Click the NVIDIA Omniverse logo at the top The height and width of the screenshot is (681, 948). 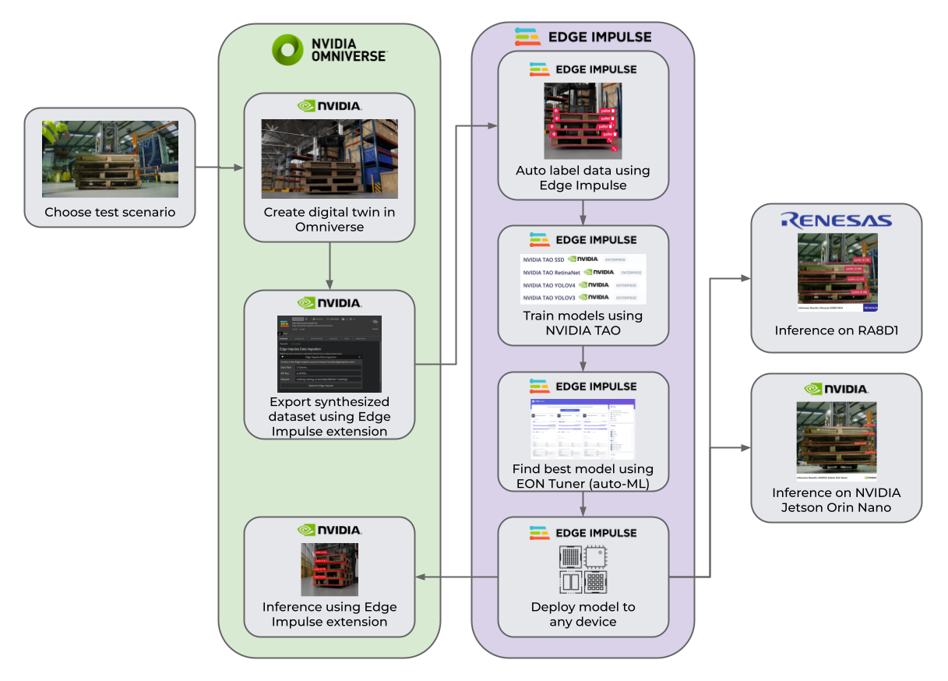(329, 49)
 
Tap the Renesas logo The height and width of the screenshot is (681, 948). (836, 221)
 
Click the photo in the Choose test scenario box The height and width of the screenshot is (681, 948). (110, 159)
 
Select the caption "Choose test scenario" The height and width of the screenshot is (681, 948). (110, 212)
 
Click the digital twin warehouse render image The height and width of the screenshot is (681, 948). (330, 159)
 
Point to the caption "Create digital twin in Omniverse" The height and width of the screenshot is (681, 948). (330, 219)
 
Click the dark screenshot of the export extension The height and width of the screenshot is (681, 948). (330, 354)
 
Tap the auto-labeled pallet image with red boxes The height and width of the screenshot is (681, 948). (583, 121)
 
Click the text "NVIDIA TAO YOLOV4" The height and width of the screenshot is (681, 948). (549, 285)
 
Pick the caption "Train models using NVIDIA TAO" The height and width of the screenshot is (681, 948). (583, 323)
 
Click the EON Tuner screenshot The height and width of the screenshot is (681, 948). (583, 429)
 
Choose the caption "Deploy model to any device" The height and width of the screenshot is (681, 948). (583, 614)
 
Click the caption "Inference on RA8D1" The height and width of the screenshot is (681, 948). (837, 330)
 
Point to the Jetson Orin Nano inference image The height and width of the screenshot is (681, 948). (837, 440)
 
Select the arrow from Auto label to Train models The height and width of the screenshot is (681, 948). (583, 212)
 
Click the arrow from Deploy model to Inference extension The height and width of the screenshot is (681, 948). (456, 577)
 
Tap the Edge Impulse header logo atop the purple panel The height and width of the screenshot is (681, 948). (583, 37)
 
